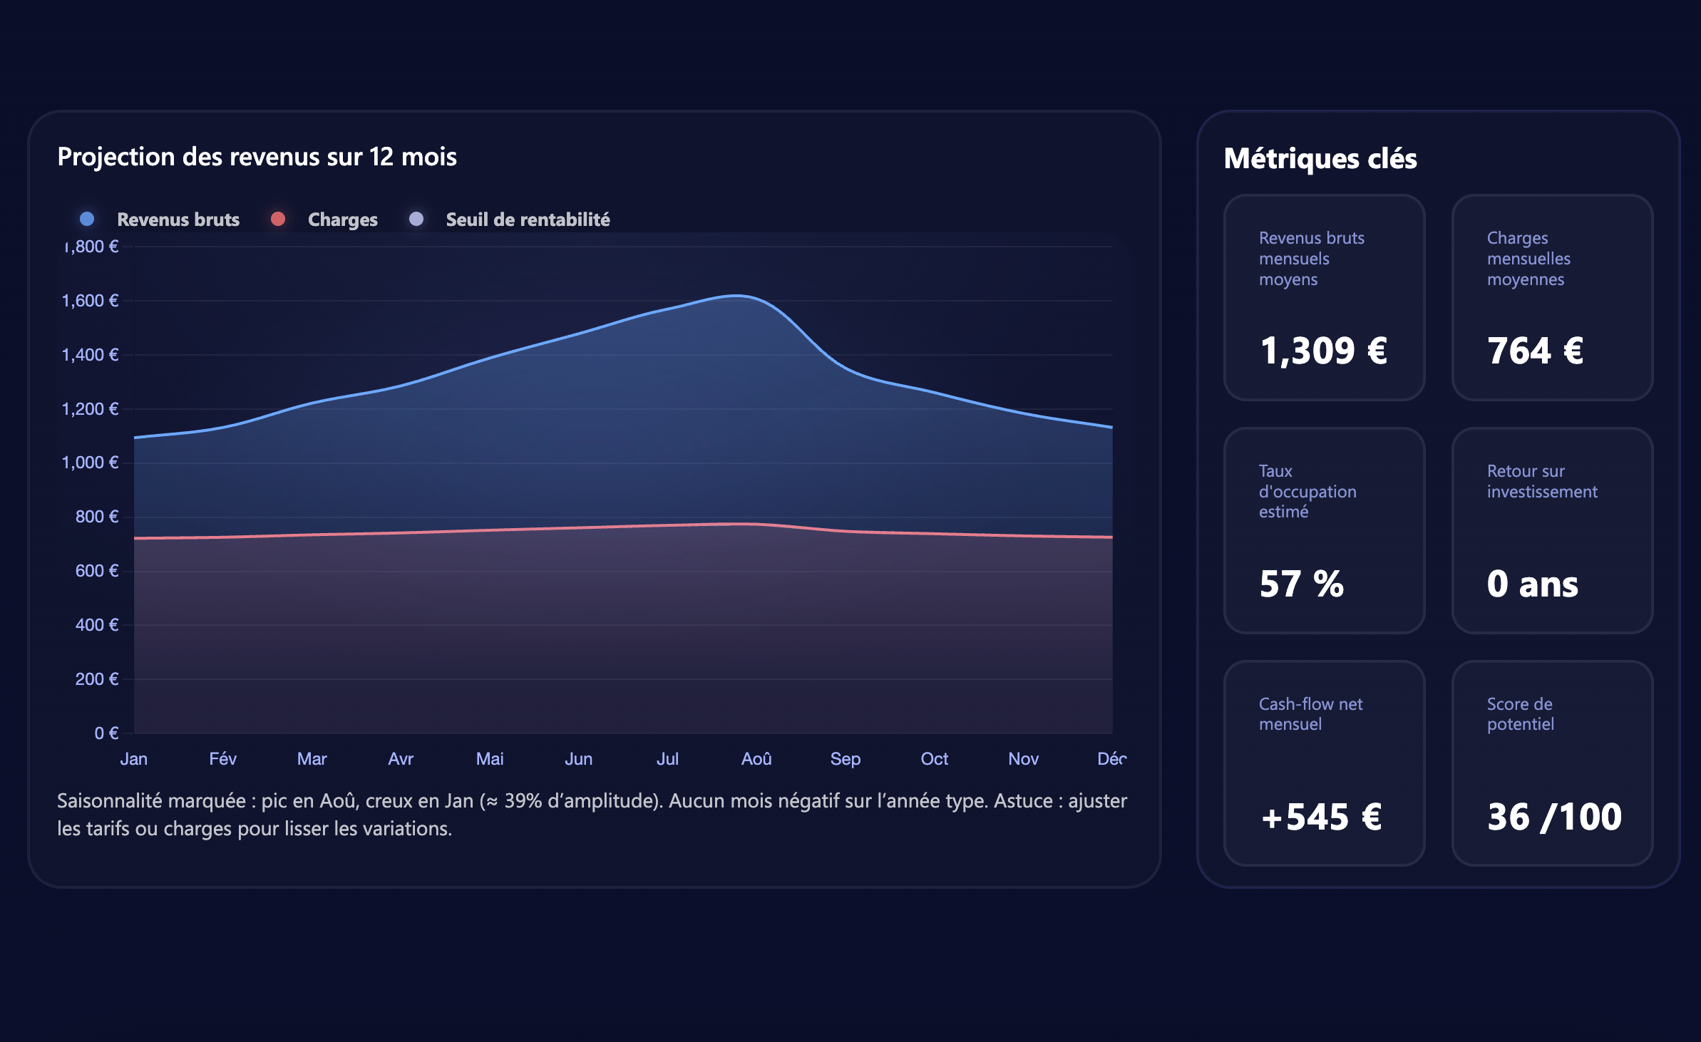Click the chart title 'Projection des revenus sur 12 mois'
pos(257,157)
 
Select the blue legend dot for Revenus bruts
pos(87,219)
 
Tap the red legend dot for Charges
pos(278,219)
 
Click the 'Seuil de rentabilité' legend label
pos(528,220)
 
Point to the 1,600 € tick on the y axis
pos(91,301)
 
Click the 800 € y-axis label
pos(97,517)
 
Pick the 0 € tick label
pos(106,733)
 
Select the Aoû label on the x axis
pos(756,759)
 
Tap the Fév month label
pos(222,759)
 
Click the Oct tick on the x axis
pos(934,759)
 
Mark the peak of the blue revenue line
pos(738,295)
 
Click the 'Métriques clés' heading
pos(1320,158)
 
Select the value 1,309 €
pos(1323,351)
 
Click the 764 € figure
pos(1535,351)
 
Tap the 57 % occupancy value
pos(1301,584)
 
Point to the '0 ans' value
pos(1532,584)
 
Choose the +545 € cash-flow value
pos(1321,817)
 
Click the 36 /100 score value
pos(1554,817)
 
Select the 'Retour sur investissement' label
pos(1541,481)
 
